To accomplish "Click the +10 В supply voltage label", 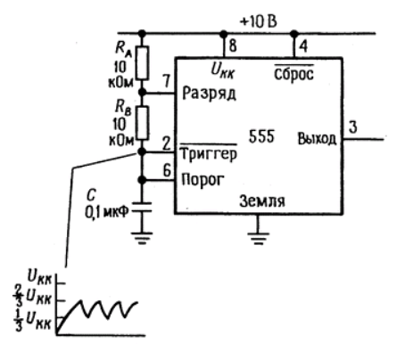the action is pyautogui.click(x=258, y=22).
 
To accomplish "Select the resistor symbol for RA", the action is pyautogui.click(x=143, y=62).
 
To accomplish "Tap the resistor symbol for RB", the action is pyautogui.click(x=143, y=123).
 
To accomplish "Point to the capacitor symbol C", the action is pyautogui.click(x=142, y=207).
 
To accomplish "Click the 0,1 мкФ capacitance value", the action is pyautogui.click(x=106, y=212).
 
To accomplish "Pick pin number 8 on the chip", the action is pyautogui.click(x=233, y=45).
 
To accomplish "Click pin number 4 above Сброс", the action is pyautogui.click(x=303, y=46).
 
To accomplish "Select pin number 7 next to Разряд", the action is pyautogui.click(x=167, y=81).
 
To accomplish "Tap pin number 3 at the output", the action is pyautogui.click(x=352, y=127).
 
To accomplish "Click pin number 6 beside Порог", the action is pyautogui.click(x=167, y=170).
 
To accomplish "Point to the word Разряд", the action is pyautogui.click(x=209, y=94).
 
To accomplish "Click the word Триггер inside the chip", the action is pyautogui.click(x=209, y=153).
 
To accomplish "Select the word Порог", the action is pyautogui.click(x=203, y=180).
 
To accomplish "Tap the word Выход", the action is pyautogui.click(x=317, y=139).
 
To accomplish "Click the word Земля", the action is pyautogui.click(x=262, y=201).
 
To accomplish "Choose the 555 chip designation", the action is pyautogui.click(x=261, y=136).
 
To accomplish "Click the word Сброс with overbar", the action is pyautogui.click(x=294, y=73).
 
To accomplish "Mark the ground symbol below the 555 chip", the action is pyautogui.click(x=259, y=238).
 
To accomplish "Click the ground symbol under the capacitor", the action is pyautogui.click(x=142, y=238).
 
